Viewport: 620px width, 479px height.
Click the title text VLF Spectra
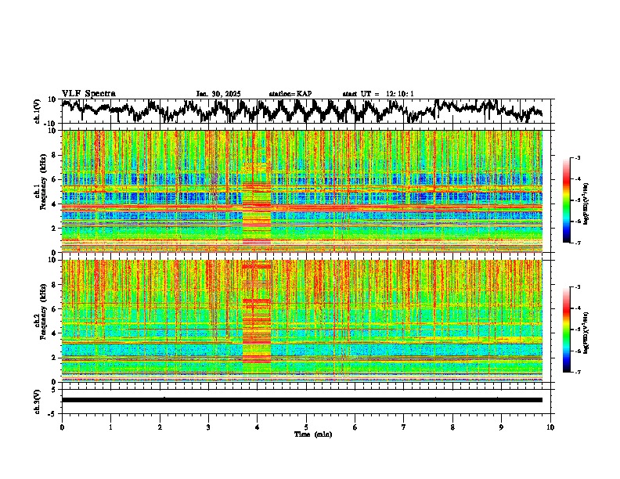point(88,93)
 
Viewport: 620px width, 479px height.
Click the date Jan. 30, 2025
point(219,94)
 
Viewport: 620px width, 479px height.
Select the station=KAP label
point(290,94)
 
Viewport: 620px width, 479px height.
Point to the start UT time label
point(378,94)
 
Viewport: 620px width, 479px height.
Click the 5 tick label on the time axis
point(307,427)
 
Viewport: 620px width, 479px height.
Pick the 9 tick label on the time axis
point(502,427)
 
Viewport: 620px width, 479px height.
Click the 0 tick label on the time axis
point(62,427)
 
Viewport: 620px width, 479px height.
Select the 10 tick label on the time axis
point(551,427)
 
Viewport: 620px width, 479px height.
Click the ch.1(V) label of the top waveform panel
point(38,111)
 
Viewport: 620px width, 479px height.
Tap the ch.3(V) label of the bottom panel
point(38,399)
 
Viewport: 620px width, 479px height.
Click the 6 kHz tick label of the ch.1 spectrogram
point(53,179)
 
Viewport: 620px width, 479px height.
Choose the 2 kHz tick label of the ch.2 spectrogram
point(53,357)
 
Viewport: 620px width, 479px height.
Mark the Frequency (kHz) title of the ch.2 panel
point(44,321)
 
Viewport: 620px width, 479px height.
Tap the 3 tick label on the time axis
point(208,427)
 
